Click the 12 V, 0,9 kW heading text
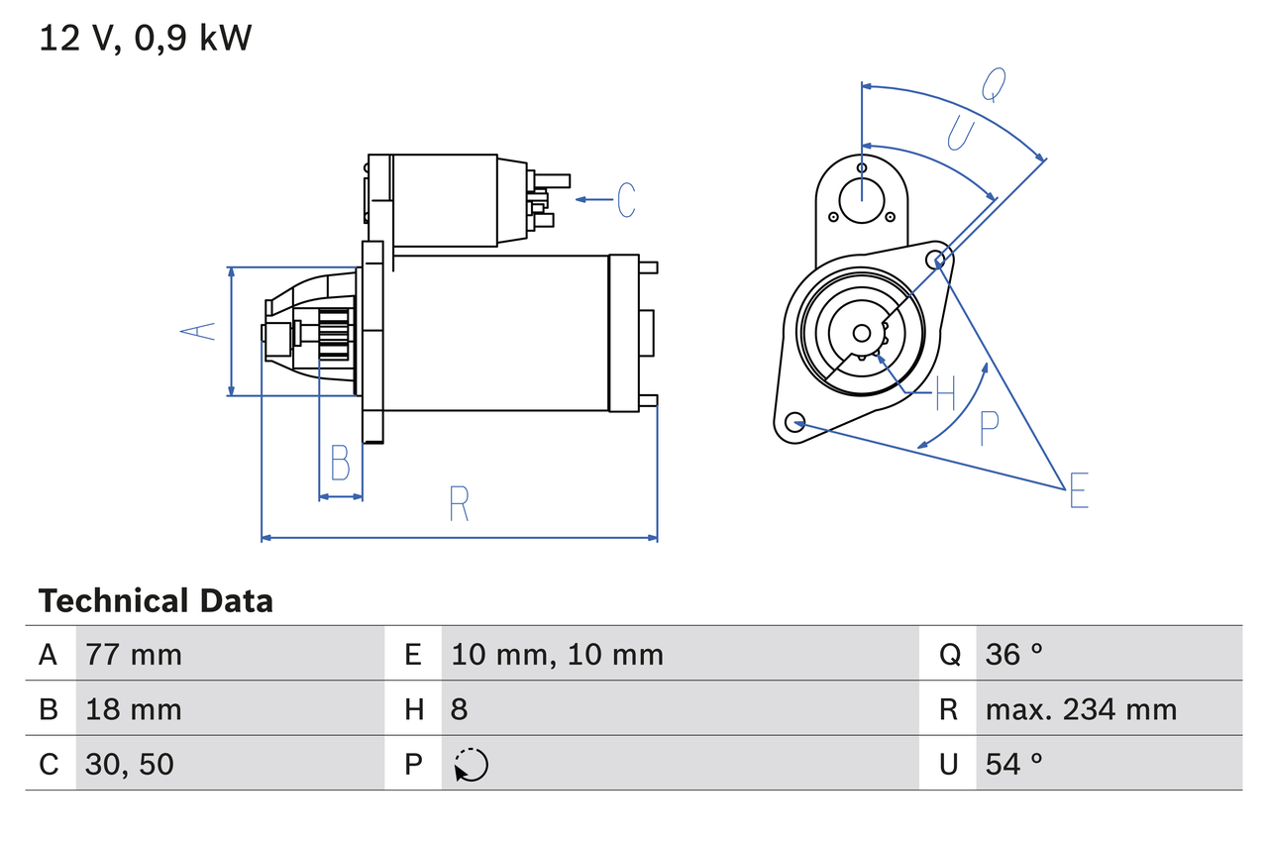point(146,39)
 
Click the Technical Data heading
point(156,601)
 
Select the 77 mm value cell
point(134,654)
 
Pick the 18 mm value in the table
point(134,709)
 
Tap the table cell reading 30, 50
point(130,764)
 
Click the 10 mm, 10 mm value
point(557,654)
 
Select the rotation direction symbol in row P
point(472,765)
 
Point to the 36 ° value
point(1014,654)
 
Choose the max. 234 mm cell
point(1081,709)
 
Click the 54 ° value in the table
point(1014,764)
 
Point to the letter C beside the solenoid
point(626,200)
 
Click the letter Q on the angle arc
point(994,85)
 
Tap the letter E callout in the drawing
point(1079,490)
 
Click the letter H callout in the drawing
point(945,393)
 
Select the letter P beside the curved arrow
point(989,428)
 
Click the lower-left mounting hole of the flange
point(793,423)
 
